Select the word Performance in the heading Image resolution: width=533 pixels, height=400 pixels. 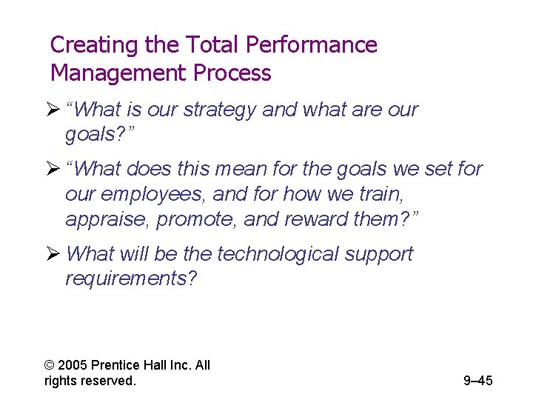coord(311,46)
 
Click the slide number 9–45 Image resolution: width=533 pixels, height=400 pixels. coord(477,381)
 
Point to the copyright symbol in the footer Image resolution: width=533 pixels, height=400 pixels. coord(50,365)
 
